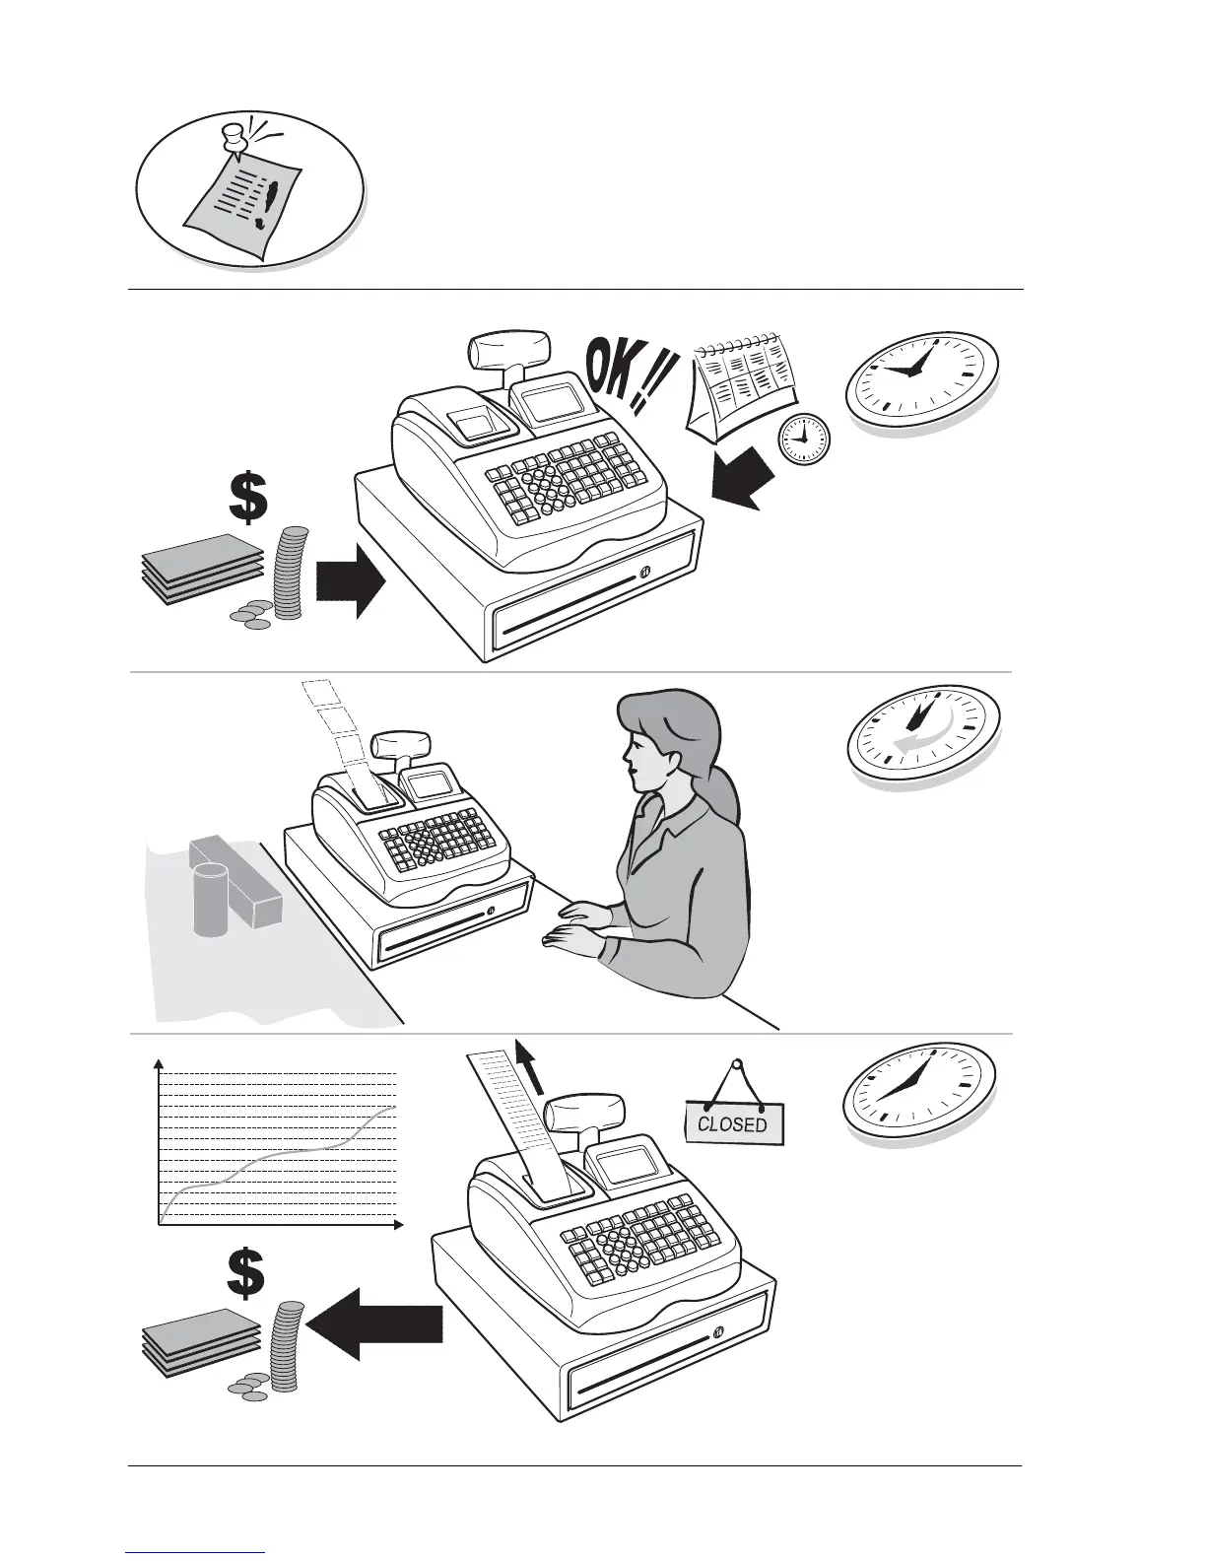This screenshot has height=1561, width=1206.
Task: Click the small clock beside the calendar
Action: pos(803,439)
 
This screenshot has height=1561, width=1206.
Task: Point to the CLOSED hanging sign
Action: pos(733,1121)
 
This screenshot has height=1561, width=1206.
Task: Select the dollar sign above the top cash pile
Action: pos(247,498)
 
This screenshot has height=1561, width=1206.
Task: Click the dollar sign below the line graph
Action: pos(245,1273)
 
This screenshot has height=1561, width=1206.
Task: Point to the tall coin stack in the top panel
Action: pos(289,573)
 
